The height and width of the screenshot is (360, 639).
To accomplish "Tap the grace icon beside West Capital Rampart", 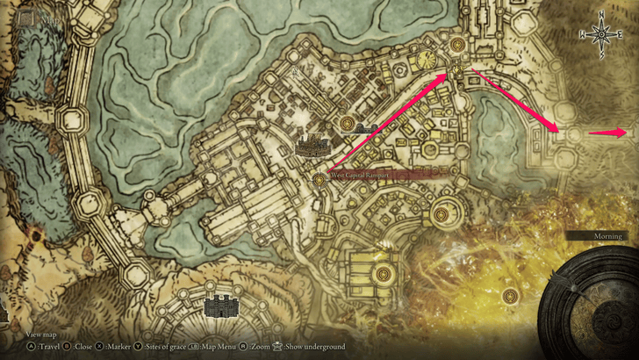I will click(x=319, y=180).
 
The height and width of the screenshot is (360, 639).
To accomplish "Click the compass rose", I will click(x=602, y=35).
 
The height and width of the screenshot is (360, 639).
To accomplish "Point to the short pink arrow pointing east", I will click(x=607, y=133).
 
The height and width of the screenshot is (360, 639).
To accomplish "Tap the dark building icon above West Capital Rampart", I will click(x=312, y=145).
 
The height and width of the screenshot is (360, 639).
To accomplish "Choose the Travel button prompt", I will click(x=40, y=347).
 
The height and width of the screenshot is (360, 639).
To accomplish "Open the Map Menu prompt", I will click(x=213, y=347).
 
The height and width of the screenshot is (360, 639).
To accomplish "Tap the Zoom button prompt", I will click(x=257, y=347).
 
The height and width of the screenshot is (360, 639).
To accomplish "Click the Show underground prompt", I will click(x=310, y=347).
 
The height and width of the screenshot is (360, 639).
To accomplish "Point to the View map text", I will click(x=42, y=335).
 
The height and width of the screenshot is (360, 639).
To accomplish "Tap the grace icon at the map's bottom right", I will click(x=510, y=297).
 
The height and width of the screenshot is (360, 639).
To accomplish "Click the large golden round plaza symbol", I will click(x=427, y=60).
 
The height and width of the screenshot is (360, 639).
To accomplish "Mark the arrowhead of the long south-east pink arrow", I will click(x=556, y=130).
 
